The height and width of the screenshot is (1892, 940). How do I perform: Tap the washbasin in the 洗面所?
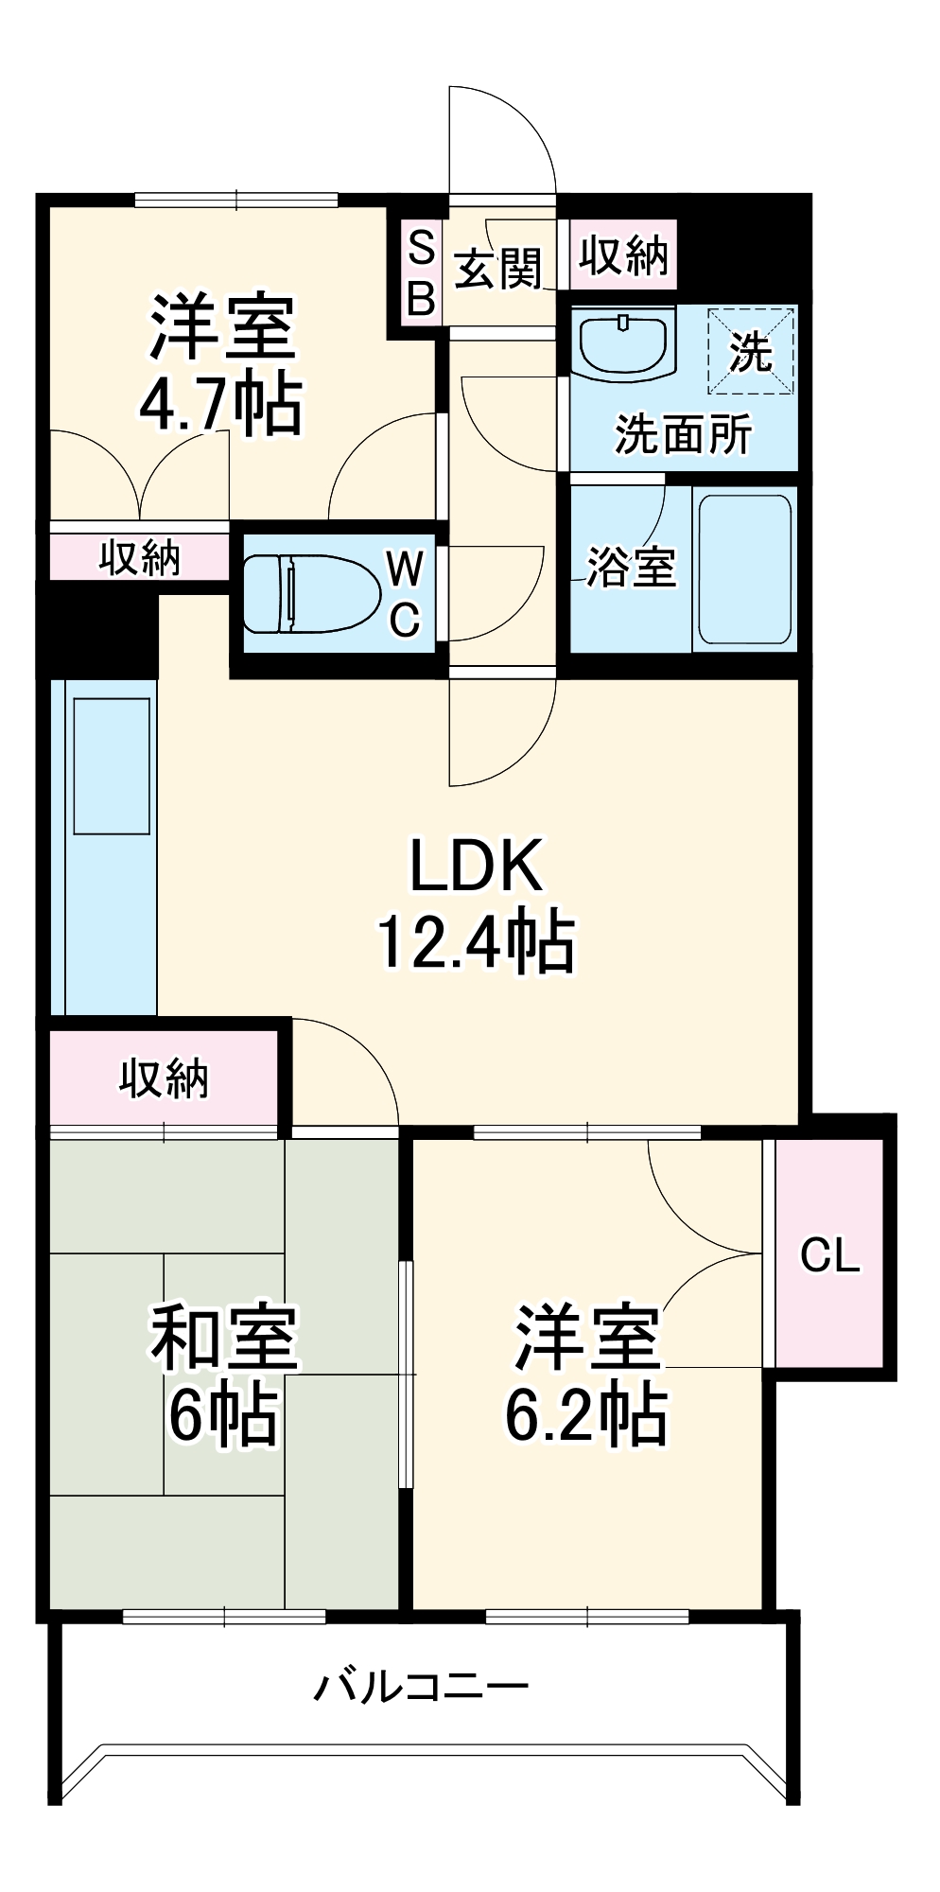click(624, 342)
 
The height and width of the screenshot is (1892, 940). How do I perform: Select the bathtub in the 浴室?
click(743, 569)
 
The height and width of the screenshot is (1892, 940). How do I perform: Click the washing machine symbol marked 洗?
click(751, 350)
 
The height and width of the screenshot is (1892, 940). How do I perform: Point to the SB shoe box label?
click(421, 274)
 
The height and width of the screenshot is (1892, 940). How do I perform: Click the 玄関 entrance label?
click(498, 270)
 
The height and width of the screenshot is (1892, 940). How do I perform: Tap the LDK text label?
click(477, 865)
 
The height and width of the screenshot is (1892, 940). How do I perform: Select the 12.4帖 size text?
click(477, 941)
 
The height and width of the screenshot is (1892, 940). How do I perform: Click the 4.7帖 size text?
click(221, 404)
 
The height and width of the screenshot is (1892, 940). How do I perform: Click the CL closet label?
click(829, 1255)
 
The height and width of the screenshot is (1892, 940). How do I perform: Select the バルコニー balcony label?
click(421, 1686)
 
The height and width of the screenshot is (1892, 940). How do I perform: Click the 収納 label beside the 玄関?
click(624, 254)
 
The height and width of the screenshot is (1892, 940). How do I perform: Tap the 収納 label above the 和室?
click(164, 1078)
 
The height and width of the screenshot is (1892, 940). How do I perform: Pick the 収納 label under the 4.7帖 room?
click(140, 558)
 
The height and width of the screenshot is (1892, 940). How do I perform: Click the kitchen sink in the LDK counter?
click(112, 766)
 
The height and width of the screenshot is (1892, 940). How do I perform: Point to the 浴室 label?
click(631, 567)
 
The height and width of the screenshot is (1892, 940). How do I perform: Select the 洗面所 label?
click(683, 434)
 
